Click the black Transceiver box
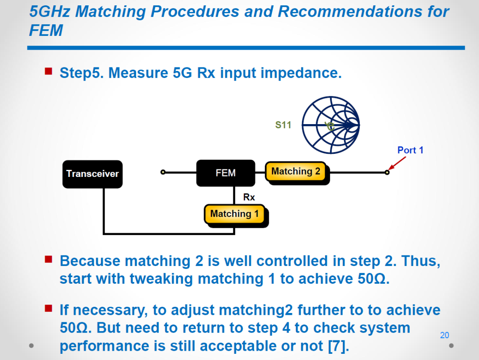click(x=93, y=174)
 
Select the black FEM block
click(x=226, y=173)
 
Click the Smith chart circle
click(x=331, y=125)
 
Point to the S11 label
click(x=283, y=125)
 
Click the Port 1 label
click(x=410, y=150)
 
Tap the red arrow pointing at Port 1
click(x=397, y=163)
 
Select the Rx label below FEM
click(x=249, y=197)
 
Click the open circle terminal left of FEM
click(x=163, y=172)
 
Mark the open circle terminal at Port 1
click(x=387, y=172)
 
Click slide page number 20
click(x=444, y=335)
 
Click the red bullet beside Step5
click(x=48, y=71)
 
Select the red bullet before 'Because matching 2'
click(x=48, y=259)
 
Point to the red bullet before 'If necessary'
click(x=48, y=308)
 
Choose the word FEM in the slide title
click(x=46, y=31)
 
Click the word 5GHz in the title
click(x=50, y=12)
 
